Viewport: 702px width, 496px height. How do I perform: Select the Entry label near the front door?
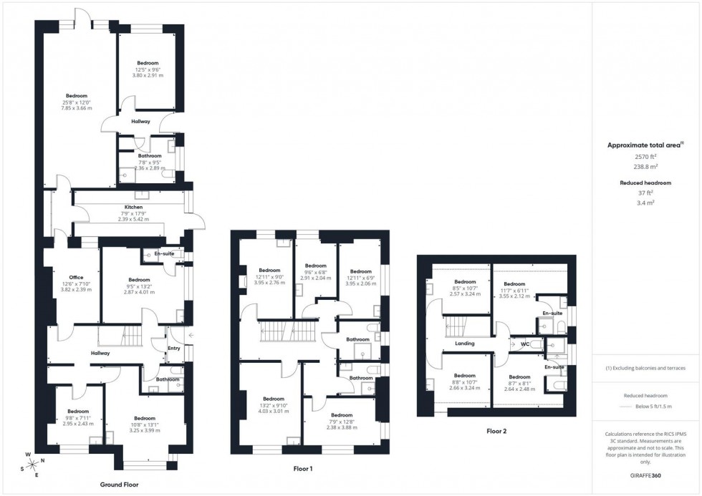click(174, 349)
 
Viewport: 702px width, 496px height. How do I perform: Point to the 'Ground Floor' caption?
click(119, 485)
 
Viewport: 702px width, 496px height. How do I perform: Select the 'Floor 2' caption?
click(496, 432)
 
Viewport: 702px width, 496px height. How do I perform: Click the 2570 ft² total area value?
click(646, 156)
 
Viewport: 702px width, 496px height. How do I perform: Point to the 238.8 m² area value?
click(646, 166)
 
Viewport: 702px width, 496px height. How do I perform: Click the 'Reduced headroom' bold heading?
click(646, 183)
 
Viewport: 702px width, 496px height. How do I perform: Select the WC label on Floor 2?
click(524, 344)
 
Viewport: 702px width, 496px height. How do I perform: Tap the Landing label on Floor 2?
click(465, 344)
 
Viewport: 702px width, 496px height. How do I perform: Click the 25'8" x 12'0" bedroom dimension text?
click(77, 102)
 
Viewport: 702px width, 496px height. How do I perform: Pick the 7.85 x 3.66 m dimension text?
click(77, 108)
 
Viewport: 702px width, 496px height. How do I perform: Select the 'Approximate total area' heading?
click(645, 145)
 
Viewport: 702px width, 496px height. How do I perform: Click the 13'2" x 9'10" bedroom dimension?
click(274, 405)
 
